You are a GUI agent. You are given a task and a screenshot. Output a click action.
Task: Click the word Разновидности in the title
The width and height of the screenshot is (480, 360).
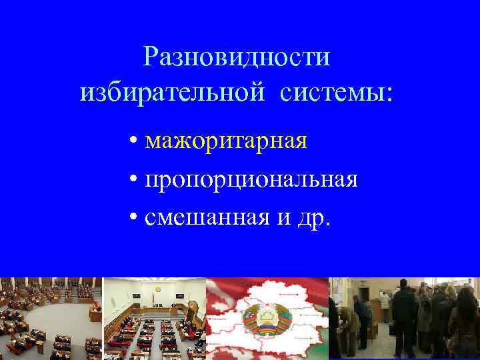[237, 57]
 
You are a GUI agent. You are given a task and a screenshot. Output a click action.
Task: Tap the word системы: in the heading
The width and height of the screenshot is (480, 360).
[337, 93]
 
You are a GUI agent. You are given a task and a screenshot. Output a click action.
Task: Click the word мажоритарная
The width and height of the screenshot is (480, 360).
[226, 142]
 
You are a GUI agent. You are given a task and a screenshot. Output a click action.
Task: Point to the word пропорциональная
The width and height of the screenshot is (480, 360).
[251, 181]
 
